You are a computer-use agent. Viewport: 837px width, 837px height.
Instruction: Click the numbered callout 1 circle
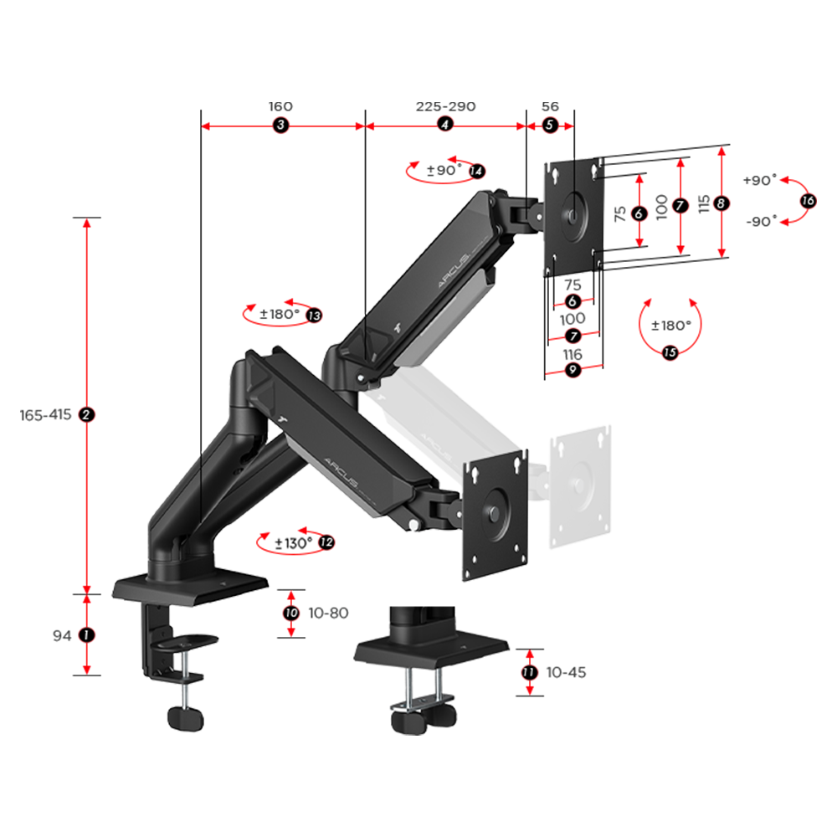[86, 635]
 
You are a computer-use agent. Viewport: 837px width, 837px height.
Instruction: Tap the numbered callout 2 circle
[86, 415]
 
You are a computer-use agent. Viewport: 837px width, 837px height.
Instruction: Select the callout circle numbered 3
[280, 126]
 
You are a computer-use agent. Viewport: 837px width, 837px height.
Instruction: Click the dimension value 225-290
[446, 107]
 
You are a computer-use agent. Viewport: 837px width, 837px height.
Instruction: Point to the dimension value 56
[550, 107]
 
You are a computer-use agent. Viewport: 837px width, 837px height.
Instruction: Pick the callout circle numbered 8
[721, 203]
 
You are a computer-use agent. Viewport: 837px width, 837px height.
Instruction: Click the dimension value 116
[573, 354]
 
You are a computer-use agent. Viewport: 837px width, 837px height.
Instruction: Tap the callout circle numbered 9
[573, 369]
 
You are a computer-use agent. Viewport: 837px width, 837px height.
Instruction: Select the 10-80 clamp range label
[328, 613]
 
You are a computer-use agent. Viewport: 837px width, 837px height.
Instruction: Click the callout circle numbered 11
[530, 672]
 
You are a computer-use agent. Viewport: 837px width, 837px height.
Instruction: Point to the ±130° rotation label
[293, 543]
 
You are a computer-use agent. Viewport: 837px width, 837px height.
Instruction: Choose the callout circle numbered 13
[315, 316]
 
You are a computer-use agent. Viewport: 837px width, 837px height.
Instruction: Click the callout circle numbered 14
[477, 172]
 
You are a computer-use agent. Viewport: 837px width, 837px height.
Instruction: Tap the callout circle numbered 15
[670, 352]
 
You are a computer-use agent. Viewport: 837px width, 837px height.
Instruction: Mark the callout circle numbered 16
[809, 201]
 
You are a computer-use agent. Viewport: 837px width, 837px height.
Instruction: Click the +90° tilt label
[760, 180]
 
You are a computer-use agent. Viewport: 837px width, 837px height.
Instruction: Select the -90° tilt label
[761, 221]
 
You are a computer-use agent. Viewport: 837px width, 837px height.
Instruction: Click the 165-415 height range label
[45, 415]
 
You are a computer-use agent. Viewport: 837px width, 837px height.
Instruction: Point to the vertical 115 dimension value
[704, 204]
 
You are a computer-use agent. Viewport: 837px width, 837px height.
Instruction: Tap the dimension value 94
[62, 636]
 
